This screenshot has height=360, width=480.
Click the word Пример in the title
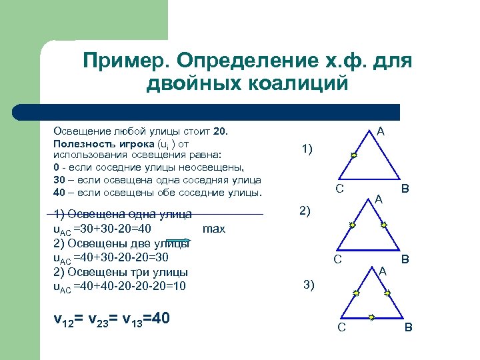(124, 61)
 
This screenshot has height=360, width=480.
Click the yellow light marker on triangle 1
(354, 155)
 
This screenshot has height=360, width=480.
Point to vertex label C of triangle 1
(339, 189)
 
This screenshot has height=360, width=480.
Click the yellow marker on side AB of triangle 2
(384, 225)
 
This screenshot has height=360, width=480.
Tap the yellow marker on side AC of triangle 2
(353, 225)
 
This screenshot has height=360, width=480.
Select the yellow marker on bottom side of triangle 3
(371, 317)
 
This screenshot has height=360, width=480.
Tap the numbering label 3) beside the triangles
(309, 285)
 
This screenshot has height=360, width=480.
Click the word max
(214, 229)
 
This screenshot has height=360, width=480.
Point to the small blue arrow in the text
(178, 241)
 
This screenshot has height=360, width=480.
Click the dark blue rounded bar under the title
(207, 111)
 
